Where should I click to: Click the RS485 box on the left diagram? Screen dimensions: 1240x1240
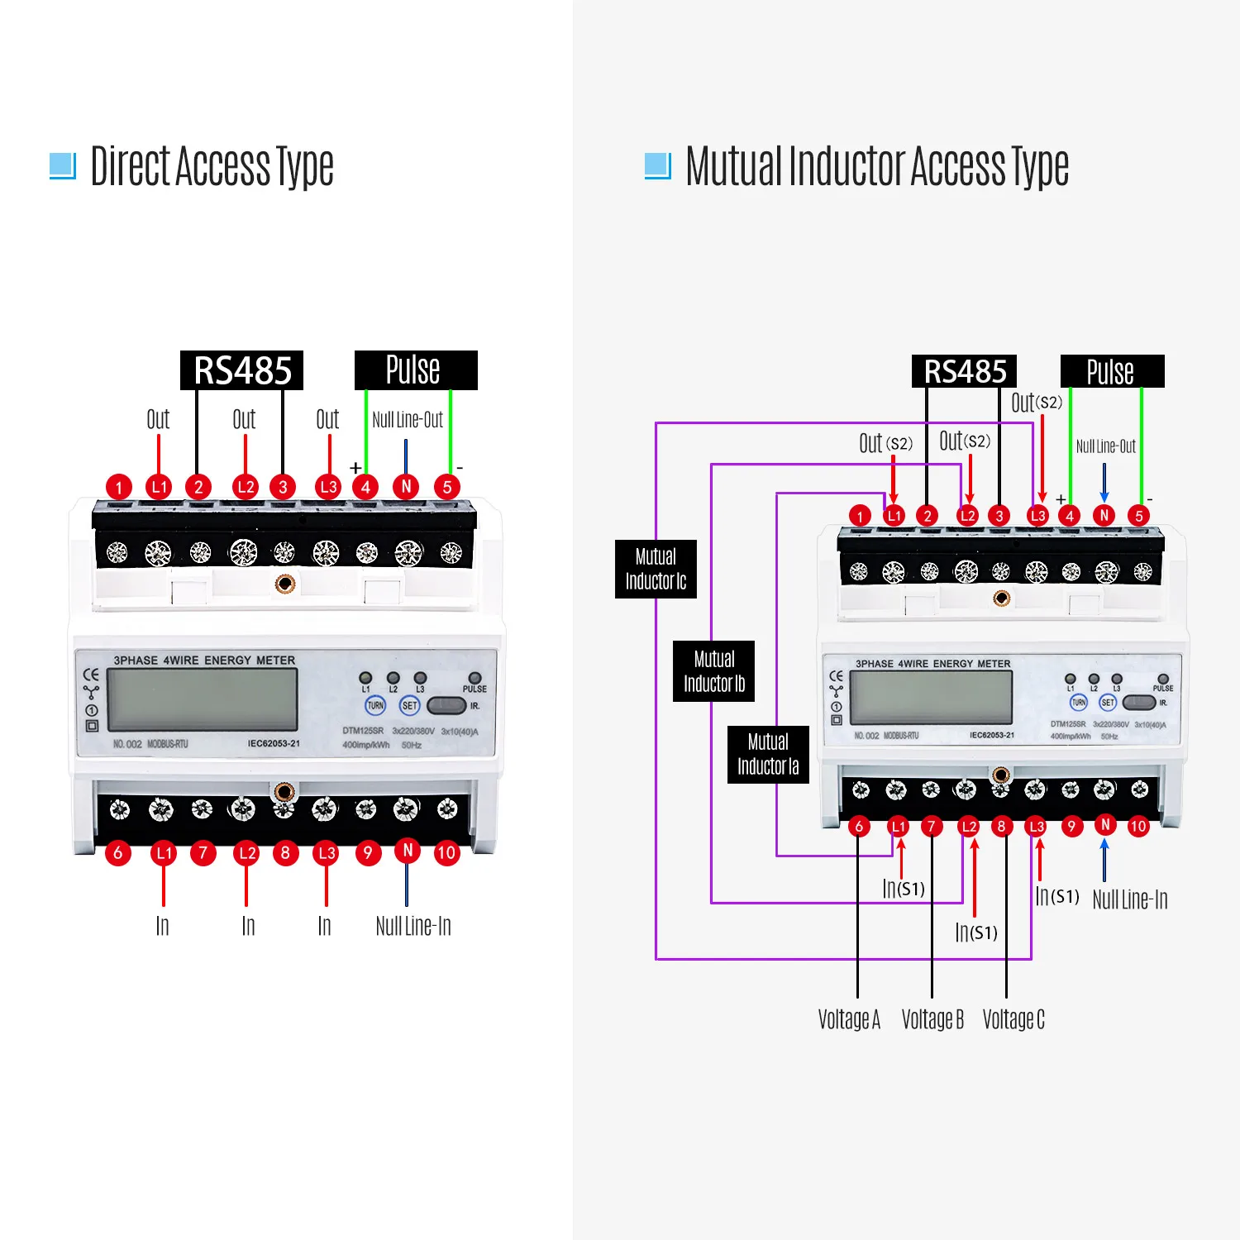[241, 370]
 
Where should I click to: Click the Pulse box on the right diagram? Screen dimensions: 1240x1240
[1111, 371]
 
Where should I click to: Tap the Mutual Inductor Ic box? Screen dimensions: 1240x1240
[656, 569]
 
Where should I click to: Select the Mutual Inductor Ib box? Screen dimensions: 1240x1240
[713, 671]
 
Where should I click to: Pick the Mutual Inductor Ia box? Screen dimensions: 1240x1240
[768, 754]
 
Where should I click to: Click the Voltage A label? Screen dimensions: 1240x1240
[849, 1019]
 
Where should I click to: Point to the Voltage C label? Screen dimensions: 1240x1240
[1013, 1019]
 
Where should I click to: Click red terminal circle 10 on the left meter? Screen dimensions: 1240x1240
[446, 852]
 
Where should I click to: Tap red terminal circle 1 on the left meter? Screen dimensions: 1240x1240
[119, 487]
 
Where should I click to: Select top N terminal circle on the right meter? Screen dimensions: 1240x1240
[1104, 516]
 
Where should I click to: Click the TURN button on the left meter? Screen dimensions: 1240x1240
[375, 705]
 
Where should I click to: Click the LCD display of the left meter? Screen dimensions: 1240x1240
[203, 699]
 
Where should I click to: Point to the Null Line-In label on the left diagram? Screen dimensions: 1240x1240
[413, 926]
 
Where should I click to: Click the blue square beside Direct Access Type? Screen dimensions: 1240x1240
[63, 165]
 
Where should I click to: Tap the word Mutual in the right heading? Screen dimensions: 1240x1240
[733, 166]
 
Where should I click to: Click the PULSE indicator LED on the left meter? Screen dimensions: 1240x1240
[475, 678]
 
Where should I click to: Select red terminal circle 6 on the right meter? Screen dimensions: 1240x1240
[859, 826]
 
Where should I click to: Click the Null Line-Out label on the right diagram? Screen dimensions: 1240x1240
[1105, 446]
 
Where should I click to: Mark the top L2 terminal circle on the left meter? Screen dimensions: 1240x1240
[246, 487]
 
